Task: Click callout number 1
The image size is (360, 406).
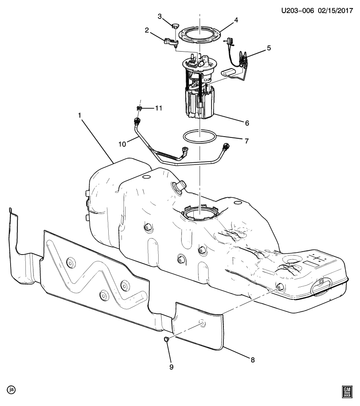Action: [x=79, y=115]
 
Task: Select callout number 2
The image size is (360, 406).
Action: [x=147, y=30]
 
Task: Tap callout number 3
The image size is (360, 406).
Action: [x=160, y=16]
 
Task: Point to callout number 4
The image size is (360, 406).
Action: [x=236, y=20]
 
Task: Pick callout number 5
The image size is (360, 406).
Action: [x=269, y=49]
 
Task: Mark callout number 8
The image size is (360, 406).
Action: [x=252, y=360]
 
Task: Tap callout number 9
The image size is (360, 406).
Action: [x=171, y=367]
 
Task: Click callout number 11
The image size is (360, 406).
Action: [x=158, y=109]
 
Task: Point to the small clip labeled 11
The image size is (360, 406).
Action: [x=139, y=109]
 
